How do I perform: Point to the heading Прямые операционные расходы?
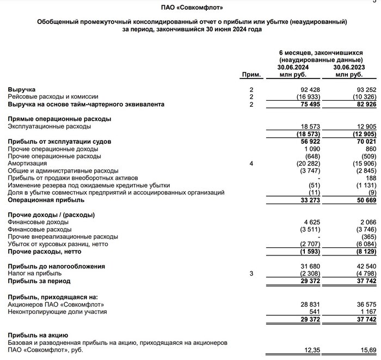click(x=59, y=119)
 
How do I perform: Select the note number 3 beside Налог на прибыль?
click(x=251, y=273)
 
